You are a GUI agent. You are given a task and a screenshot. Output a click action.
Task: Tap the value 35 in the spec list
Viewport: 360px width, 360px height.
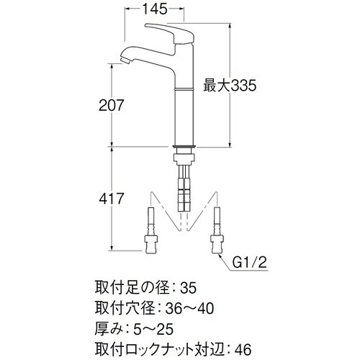(x=186, y=288)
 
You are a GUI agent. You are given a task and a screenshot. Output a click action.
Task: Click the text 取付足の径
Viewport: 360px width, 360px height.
(x=130, y=288)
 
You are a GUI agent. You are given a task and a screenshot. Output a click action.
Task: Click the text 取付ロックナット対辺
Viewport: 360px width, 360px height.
(x=156, y=348)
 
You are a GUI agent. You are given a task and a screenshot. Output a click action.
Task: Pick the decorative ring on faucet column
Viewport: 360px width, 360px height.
(x=184, y=87)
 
